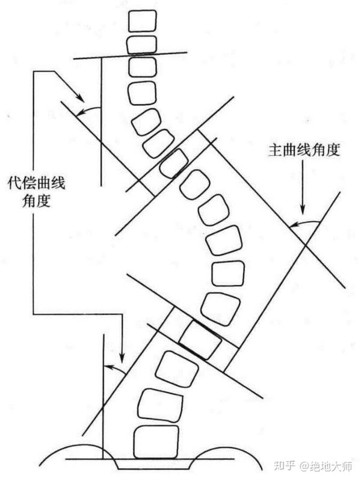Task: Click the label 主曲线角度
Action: pyautogui.click(x=304, y=150)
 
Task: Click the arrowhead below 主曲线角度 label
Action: pyautogui.click(x=303, y=212)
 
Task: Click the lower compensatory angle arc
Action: pyautogui.click(x=114, y=366)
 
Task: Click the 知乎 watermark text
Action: pyautogui.click(x=285, y=465)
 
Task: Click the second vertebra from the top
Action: pyautogui.click(x=141, y=44)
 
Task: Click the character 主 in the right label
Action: pyautogui.click(x=273, y=150)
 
